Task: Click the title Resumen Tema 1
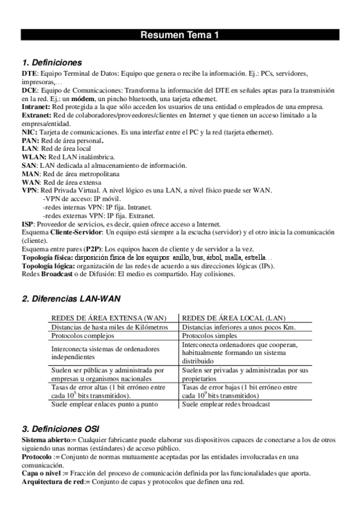pos(180,35)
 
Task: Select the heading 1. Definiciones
pos(52,63)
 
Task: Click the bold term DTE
pos(29,73)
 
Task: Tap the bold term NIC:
pos(29,132)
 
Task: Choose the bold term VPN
pos(29,190)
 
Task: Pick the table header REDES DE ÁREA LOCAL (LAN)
pos(233,318)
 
